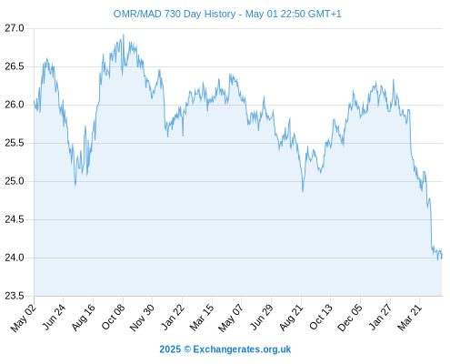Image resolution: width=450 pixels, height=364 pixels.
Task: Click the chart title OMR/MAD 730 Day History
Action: click(175, 14)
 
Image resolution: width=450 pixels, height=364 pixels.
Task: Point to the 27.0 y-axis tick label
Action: click(15, 28)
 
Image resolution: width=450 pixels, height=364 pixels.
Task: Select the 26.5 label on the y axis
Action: click(15, 66)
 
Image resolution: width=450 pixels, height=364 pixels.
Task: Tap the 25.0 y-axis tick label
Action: click(15, 181)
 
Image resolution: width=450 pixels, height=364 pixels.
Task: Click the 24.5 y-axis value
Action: click(15, 219)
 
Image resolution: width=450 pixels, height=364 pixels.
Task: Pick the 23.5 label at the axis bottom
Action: click(15, 296)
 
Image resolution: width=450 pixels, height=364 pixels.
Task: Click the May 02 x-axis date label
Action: click(24, 318)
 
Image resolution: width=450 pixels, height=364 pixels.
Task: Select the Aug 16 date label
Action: click(84, 317)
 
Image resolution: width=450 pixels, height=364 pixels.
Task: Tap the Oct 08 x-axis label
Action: click(113, 317)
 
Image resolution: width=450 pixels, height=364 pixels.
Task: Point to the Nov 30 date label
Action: click(142, 318)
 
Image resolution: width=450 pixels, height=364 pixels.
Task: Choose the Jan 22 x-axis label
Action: click(173, 317)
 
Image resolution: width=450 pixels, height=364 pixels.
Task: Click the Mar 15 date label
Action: click(202, 318)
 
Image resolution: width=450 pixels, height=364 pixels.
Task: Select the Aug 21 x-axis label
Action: click(291, 317)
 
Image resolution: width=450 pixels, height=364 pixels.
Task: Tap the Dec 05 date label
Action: click(350, 318)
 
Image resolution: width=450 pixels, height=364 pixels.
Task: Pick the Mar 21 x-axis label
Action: click(410, 318)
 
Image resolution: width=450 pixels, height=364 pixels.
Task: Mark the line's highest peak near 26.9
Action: click(124, 35)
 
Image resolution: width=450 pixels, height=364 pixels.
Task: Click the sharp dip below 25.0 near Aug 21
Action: click(303, 191)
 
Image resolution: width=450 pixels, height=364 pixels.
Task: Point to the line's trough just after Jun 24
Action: click(75, 185)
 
